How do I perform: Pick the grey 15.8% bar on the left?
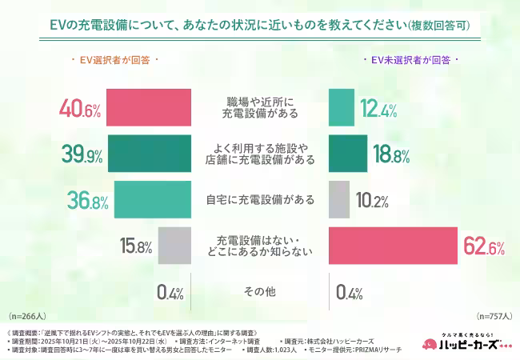click(x=174, y=246)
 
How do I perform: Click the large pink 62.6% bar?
click(x=393, y=246)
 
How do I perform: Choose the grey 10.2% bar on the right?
click(x=339, y=200)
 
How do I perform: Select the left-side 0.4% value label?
click(x=171, y=292)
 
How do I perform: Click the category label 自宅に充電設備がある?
click(x=259, y=200)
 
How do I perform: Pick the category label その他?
click(x=259, y=292)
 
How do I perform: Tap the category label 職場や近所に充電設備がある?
click(x=259, y=107)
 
